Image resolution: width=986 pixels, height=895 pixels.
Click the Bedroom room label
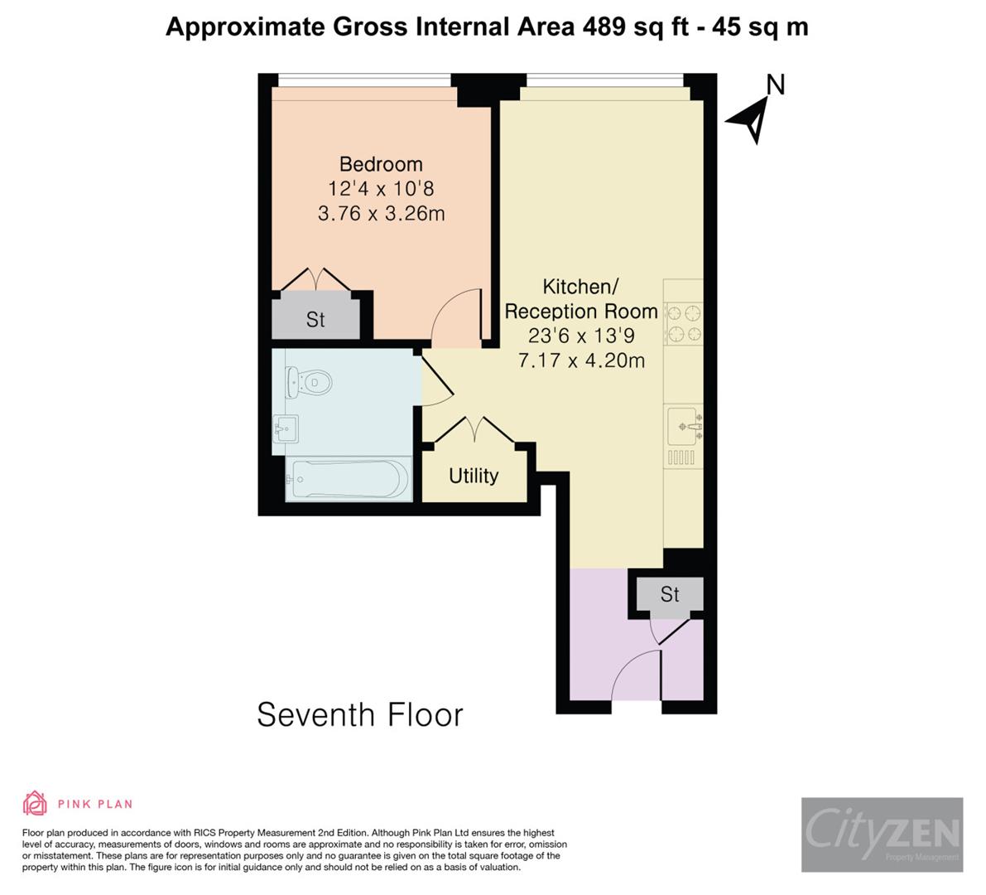click(381, 164)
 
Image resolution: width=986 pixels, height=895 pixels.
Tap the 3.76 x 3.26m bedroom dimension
click(381, 214)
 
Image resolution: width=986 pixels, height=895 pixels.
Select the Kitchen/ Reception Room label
click(580, 299)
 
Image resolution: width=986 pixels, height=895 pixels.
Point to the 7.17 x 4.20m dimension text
click(580, 360)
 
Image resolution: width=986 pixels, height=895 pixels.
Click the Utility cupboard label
click(474, 476)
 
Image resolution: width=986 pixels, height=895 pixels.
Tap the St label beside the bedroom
click(315, 320)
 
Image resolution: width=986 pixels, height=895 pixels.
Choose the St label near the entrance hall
click(670, 594)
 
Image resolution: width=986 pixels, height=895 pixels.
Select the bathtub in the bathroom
click(348, 479)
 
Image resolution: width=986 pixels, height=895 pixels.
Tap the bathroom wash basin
click(286, 429)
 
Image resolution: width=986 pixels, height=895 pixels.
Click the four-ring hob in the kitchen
click(684, 323)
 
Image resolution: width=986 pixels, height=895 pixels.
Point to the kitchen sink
click(684, 425)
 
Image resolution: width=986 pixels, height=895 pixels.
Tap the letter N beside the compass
click(775, 85)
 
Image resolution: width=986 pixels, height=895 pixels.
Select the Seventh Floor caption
click(359, 714)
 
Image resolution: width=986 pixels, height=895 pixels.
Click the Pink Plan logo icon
click(35, 803)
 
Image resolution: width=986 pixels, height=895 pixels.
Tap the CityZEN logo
click(882, 834)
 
